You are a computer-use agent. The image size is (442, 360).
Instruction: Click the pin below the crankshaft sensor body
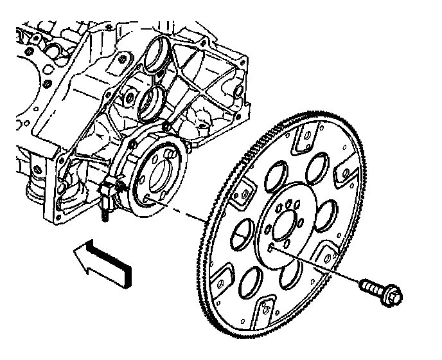coord(103,217)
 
